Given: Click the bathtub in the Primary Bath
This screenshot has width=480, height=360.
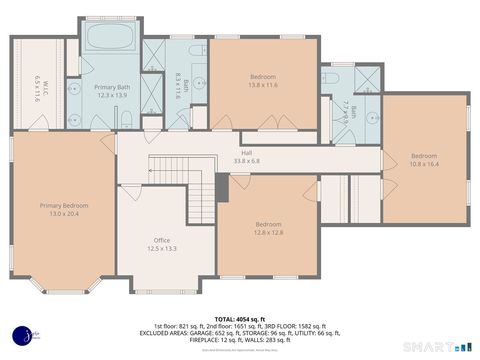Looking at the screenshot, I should pyautogui.click(x=107, y=37).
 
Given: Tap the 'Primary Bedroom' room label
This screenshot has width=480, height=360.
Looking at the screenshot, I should pyautogui.click(x=57, y=205).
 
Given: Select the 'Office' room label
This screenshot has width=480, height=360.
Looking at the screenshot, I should pyautogui.click(x=162, y=240).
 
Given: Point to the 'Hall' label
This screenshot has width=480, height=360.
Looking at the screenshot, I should pyautogui.click(x=246, y=152).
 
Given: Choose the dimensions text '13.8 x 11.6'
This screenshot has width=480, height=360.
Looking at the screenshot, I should pyautogui.click(x=262, y=87).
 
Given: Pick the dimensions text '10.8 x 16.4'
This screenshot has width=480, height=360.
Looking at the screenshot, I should pyautogui.click(x=423, y=164).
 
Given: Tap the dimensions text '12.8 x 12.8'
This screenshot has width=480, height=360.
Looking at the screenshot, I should pyautogui.click(x=269, y=232).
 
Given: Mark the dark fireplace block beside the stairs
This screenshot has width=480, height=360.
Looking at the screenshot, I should pyautogui.click(x=222, y=187).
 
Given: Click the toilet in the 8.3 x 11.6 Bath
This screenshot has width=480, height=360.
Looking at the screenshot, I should pyautogui.click(x=196, y=49).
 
